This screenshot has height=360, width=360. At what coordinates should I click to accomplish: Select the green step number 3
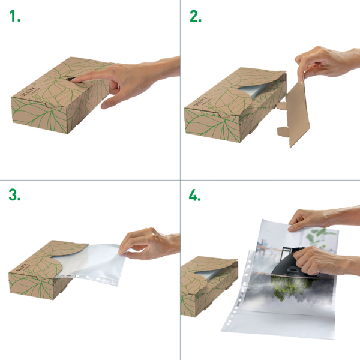tap(16, 196)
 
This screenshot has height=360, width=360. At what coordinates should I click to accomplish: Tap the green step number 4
tap(196, 196)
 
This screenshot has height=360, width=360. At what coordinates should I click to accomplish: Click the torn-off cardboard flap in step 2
tap(300, 114)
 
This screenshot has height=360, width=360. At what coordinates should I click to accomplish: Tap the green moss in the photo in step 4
tap(288, 288)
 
